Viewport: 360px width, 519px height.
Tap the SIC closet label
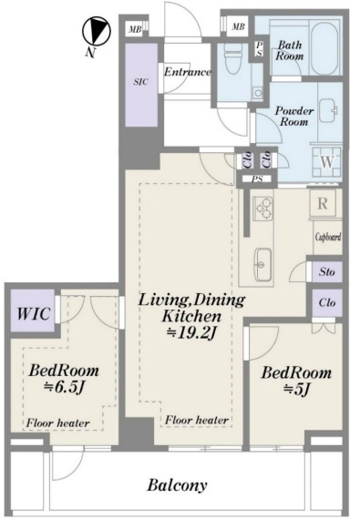pos(140,81)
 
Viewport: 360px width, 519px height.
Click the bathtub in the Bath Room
pos(324,48)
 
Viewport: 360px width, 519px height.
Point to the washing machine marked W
pos(327,162)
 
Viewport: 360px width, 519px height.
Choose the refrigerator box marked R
pos(323,203)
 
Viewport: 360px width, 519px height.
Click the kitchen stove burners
pos(263,209)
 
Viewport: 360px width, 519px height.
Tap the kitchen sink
pos(263,264)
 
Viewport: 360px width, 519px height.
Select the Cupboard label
pos(328,237)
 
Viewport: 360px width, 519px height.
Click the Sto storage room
pos(327,271)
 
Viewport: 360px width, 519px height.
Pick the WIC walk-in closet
pos(33,310)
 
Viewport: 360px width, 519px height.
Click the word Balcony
pos(177,485)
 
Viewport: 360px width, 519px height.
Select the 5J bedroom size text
pos(296,390)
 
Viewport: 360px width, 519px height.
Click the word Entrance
pos(188,72)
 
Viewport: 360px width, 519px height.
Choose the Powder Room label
pos(294,116)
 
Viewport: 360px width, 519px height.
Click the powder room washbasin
pos(327,110)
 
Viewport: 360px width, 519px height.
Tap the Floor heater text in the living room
pos(197,420)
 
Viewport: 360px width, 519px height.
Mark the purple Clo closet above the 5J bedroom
pos(327,302)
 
